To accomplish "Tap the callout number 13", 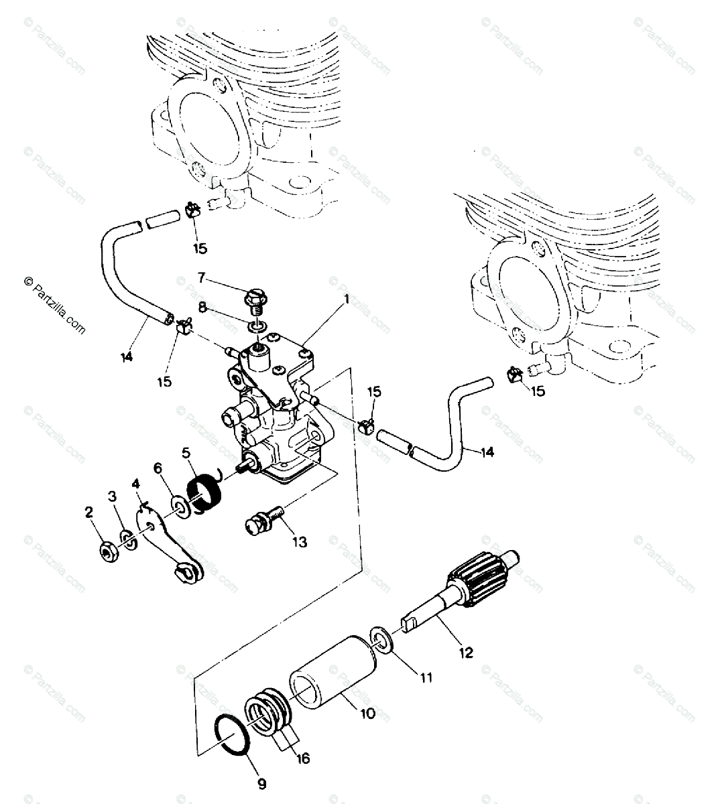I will (x=299, y=542).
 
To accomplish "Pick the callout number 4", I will (x=137, y=482).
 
